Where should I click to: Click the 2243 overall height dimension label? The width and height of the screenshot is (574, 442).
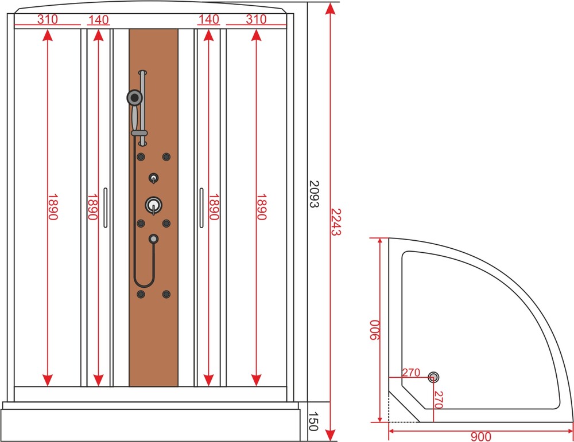pos(336,222)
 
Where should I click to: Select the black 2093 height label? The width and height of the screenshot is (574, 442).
pos(315,194)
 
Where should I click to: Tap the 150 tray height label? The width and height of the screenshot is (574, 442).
pos(313,421)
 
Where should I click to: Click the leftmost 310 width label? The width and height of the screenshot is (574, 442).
pos(48,19)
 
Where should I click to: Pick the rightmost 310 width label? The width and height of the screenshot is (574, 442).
pos(256,19)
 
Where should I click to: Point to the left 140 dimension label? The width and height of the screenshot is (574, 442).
pos(99,19)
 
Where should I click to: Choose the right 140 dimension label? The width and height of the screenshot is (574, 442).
pos(209,19)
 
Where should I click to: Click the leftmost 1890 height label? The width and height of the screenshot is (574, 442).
pos(53,207)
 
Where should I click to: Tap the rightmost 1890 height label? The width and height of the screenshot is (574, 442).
pos(261,207)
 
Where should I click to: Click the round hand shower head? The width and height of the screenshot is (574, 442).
pos(135,97)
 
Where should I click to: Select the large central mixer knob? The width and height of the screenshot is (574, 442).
pos(153,205)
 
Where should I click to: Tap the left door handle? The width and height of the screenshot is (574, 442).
pos(106,208)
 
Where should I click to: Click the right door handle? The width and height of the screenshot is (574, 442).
pos(201,208)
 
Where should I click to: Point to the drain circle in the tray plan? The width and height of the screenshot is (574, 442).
pos(433,377)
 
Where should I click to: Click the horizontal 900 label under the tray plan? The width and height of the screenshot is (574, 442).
pos(480,436)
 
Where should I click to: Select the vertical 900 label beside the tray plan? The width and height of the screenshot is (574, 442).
pos(375,330)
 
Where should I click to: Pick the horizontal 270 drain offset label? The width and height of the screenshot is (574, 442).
pos(411,372)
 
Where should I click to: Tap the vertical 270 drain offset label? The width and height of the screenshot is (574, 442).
pos(439,400)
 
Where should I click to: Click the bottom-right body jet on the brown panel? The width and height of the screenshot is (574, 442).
pos(166,294)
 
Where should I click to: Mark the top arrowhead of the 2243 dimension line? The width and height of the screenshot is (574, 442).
pos(330,8)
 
